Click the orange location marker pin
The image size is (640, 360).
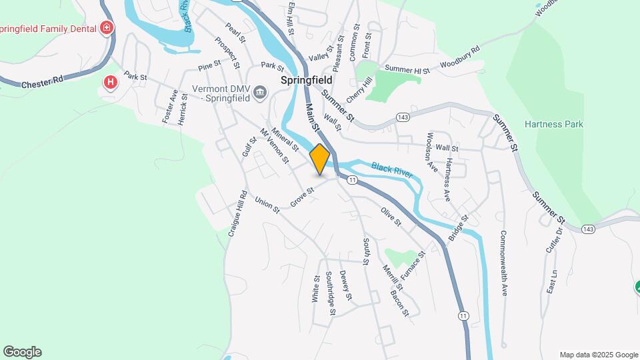click(320, 159)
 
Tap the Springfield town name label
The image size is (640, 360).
click(307, 79)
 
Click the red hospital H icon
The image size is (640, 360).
click(111, 83)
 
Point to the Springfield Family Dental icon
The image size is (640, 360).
click(105, 28)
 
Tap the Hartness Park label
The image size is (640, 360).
click(553, 124)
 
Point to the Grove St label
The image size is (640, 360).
click(301, 197)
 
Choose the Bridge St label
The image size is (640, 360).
click(459, 228)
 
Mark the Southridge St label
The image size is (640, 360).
click(330, 293)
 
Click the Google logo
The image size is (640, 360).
click(22, 352)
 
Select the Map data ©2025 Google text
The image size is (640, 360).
click(599, 355)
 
